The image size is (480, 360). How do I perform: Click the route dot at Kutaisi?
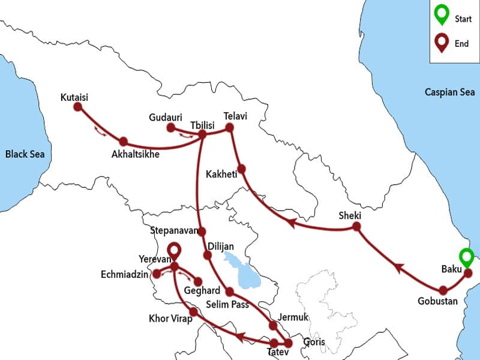[x=77, y=107]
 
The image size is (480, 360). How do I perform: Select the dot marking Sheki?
[x=356, y=227]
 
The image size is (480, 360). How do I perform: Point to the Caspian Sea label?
[x=449, y=92]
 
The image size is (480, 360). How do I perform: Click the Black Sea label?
[x=25, y=154]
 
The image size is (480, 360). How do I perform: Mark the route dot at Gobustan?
[x=443, y=290]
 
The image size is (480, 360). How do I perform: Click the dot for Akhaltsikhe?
[x=124, y=142]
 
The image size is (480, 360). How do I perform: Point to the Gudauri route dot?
[x=170, y=128]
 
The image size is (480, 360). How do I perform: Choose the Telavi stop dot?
[x=229, y=127]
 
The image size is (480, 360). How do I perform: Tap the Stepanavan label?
[x=173, y=230]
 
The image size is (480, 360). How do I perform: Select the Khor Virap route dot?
[x=193, y=312]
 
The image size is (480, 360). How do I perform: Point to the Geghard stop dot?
[x=197, y=281]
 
